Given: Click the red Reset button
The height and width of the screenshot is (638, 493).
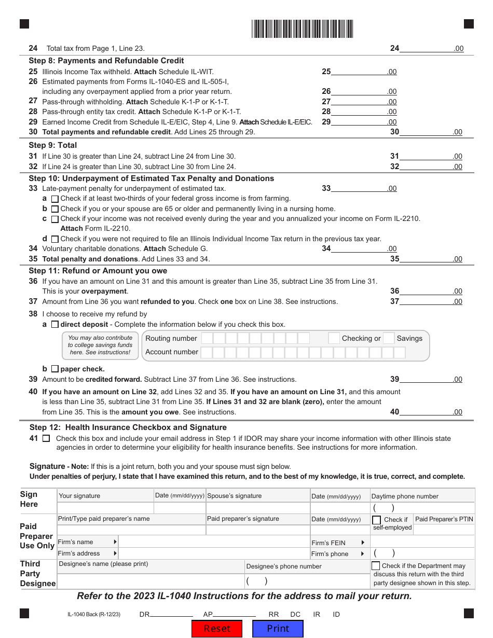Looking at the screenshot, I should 217,629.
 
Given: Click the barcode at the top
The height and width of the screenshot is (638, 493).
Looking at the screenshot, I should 303,29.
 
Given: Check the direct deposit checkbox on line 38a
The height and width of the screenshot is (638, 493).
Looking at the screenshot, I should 55,325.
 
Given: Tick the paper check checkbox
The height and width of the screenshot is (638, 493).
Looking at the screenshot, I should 55,369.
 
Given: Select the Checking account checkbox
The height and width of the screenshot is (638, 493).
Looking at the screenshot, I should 334,338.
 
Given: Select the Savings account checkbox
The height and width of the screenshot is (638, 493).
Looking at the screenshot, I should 389,338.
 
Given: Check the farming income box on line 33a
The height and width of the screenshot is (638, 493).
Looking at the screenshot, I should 55,199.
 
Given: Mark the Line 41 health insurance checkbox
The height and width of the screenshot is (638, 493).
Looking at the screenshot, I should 46,438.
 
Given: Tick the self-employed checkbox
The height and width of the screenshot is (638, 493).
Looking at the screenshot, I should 376,520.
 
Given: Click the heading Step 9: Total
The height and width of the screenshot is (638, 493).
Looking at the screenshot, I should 53,145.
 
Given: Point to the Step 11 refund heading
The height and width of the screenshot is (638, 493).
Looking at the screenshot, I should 98,271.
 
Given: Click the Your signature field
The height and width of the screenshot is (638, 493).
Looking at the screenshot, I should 105,508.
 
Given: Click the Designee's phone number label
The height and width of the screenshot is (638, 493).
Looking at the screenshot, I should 284,566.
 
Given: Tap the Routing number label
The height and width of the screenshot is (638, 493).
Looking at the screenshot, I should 171,339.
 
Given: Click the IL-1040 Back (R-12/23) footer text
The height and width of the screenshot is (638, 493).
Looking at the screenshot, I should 94,615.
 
